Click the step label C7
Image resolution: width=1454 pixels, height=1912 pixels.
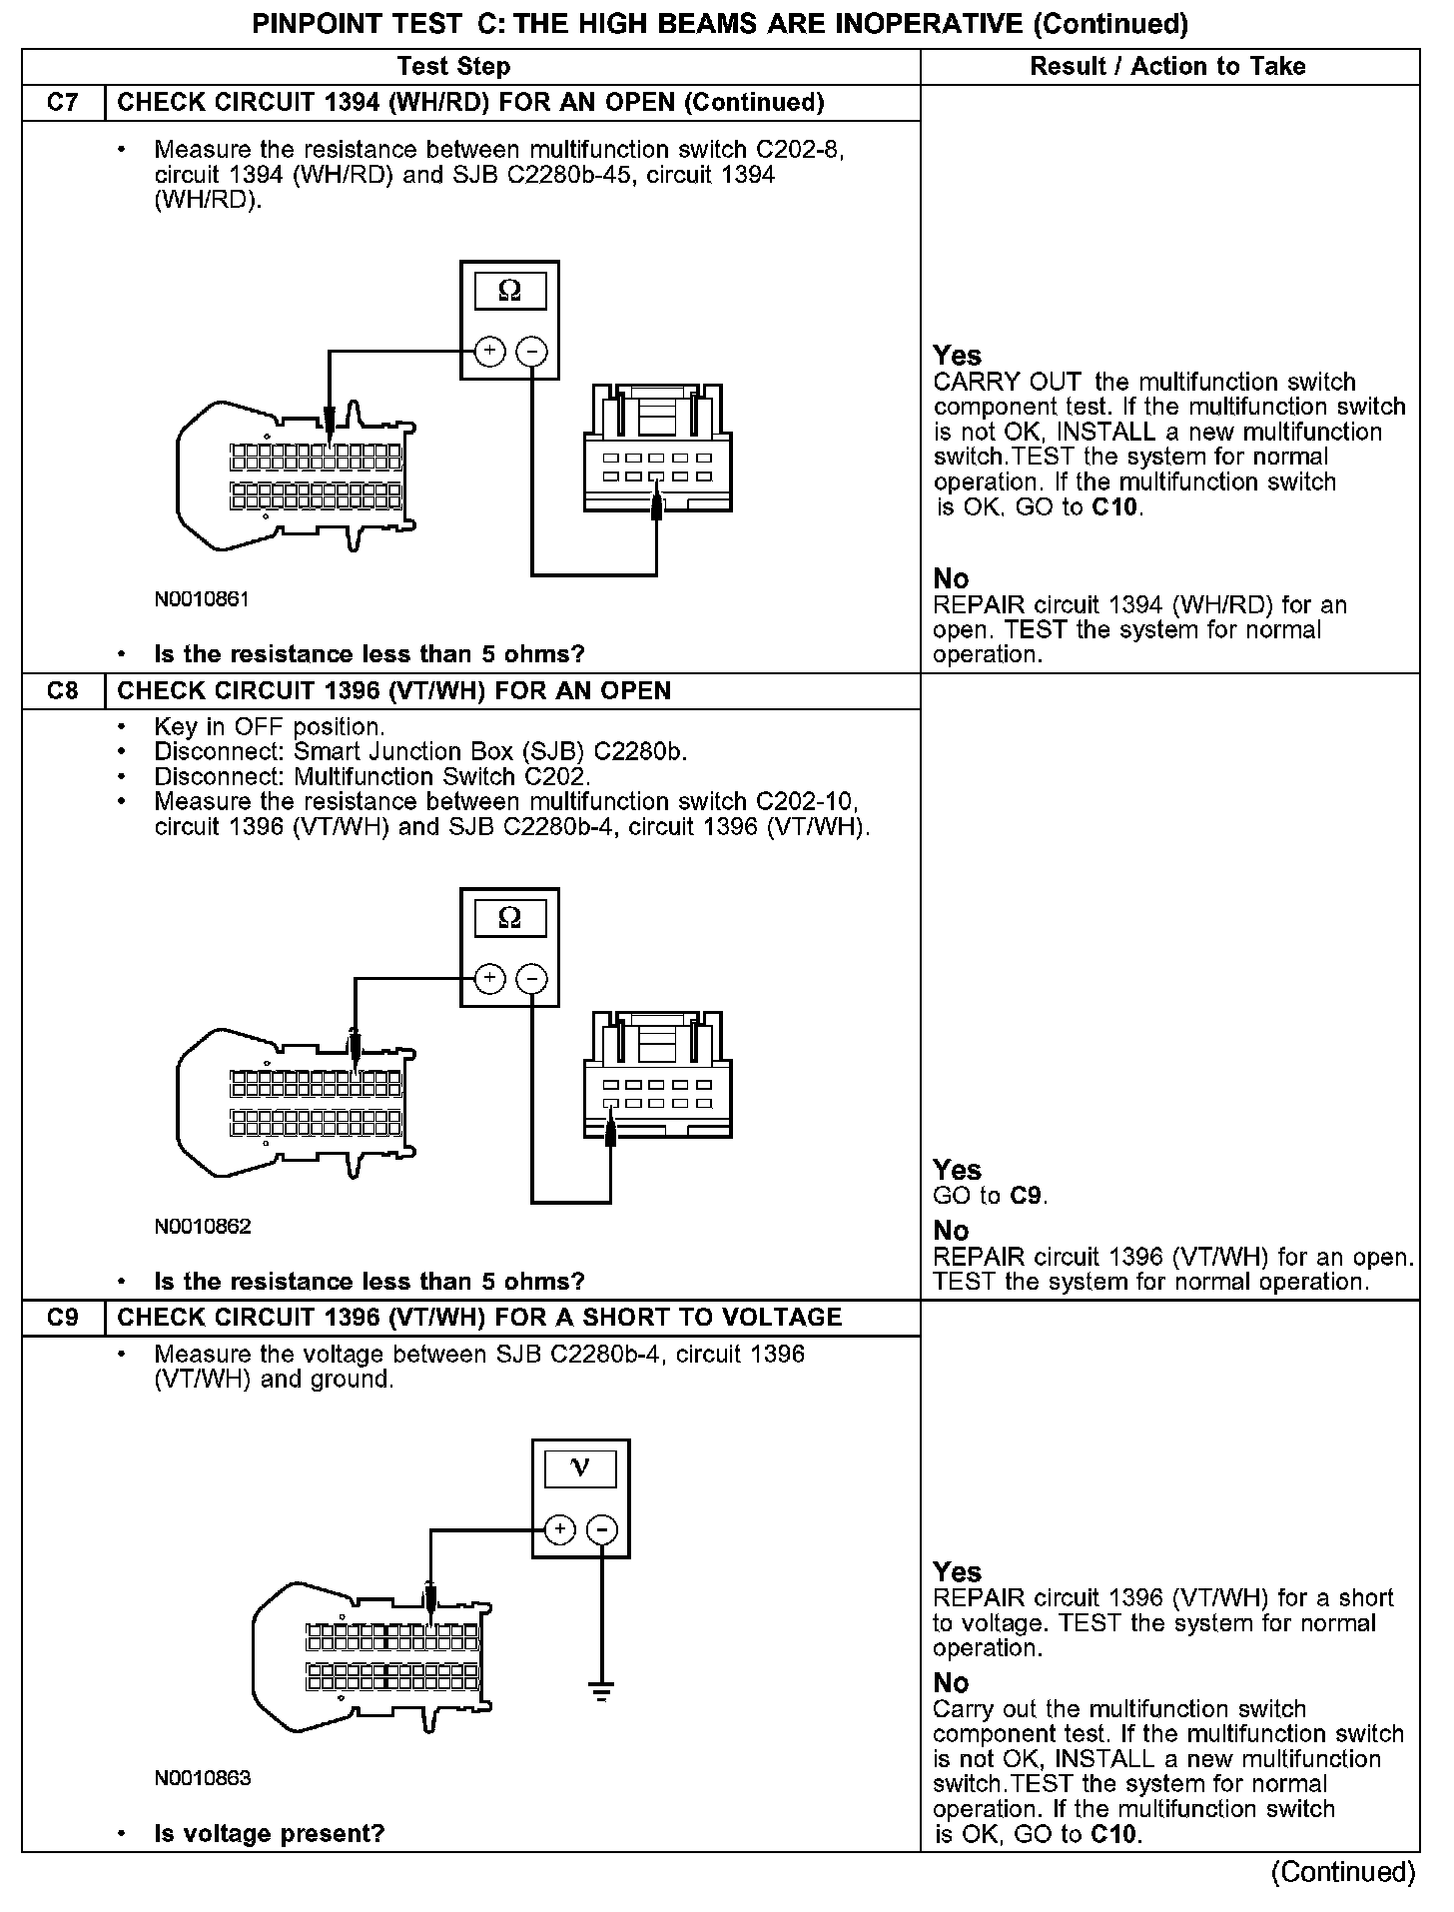[63, 103]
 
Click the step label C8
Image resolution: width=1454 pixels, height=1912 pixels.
[63, 691]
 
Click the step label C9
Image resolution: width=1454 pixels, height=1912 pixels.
[63, 1318]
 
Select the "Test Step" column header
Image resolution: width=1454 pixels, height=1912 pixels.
[453, 67]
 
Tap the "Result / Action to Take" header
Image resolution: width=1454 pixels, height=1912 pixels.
[1167, 67]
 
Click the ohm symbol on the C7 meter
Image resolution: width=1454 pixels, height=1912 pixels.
[509, 292]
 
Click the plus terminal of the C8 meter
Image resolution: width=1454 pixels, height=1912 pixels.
[488, 978]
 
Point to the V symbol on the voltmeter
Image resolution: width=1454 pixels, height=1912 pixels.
[579, 1468]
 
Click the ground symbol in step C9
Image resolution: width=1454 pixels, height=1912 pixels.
[601, 1692]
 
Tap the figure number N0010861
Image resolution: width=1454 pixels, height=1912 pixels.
[202, 599]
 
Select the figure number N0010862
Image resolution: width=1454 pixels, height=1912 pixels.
[202, 1227]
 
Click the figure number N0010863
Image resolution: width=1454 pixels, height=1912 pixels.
[202, 1778]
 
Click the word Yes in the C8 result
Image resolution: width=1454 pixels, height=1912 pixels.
[957, 1170]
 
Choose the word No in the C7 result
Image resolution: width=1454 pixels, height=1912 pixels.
[951, 579]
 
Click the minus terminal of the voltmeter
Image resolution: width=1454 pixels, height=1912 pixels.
[601, 1529]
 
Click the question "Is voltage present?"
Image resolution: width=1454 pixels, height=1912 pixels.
[270, 1834]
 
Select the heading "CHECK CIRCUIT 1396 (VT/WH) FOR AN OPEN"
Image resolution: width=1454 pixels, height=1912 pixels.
[394, 691]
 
